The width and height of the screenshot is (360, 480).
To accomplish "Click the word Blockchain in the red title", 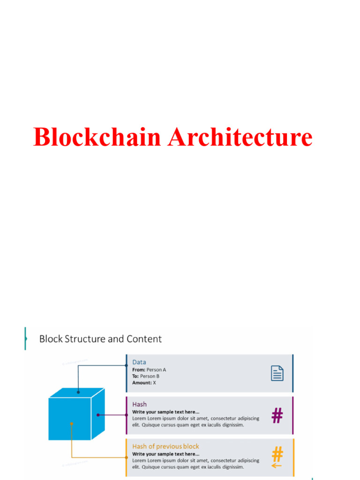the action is pyautogui.click(x=97, y=137).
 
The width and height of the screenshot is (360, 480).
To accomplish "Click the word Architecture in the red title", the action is pyautogui.click(x=240, y=137).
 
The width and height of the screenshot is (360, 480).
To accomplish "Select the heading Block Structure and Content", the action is pyautogui.click(x=100, y=339).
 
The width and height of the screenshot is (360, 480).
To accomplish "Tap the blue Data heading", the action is pyautogui.click(x=139, y=362).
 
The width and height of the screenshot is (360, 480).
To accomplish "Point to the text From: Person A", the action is pyautogui.click(x=149, y=370).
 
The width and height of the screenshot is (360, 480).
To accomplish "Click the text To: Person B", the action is pyautogui.click(x=146, y=376).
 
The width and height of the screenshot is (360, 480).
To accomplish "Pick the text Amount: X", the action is pyautogui.click(x=144, y=383).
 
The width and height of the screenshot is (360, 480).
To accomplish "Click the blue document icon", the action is pyautogui.click(x=277, y=373).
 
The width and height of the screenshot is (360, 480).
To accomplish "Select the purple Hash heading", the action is pyautogui.click(x=139, y=404).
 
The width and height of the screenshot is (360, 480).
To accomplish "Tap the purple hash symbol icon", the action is pyautogui.click(x=277, y=415).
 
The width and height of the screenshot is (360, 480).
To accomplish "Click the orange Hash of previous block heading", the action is pyautogui.click(x=165, y=446).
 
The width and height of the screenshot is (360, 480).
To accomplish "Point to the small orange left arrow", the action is pyautogui.click(x=277, y=465).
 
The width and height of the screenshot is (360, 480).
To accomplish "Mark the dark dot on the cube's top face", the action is pyautogui.click(x=78, y=392).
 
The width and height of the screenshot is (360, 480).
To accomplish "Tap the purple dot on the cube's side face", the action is pyautogui.click(x=98, y=415).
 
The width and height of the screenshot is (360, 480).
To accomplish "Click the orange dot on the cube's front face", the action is pyautogui.click(x=71, y=424).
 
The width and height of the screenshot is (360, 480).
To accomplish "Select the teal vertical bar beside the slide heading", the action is pyautogui.click(x=25, y=338).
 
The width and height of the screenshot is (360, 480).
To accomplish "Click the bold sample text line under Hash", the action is pyautogui.click(x=165, y=412).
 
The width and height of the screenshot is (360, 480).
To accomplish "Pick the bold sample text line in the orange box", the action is pyautogui.click(x=165, y=454).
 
